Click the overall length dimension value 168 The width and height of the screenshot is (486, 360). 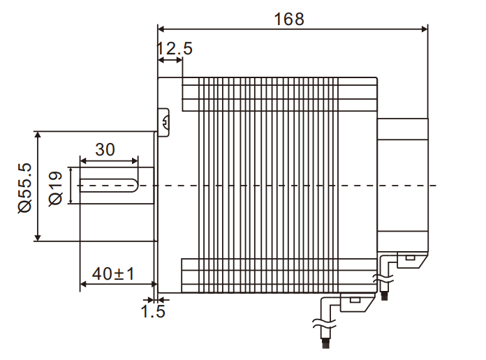pos(289,19)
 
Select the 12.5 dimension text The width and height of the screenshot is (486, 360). pos(174,49)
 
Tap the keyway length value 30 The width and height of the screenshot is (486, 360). pos(105,149)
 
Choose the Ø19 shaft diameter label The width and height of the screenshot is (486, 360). pos(57,187)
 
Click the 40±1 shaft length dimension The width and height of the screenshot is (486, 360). pos(113,274)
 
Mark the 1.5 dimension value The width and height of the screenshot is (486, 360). pos(153,311)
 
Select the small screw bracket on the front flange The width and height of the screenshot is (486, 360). pos(165,123)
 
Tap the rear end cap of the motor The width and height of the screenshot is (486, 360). pos(402,185)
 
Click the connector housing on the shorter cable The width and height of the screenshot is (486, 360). pos(408,260)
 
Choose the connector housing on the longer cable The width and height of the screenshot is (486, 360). pos(354,301)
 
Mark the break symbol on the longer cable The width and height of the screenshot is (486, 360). pos(320,324)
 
